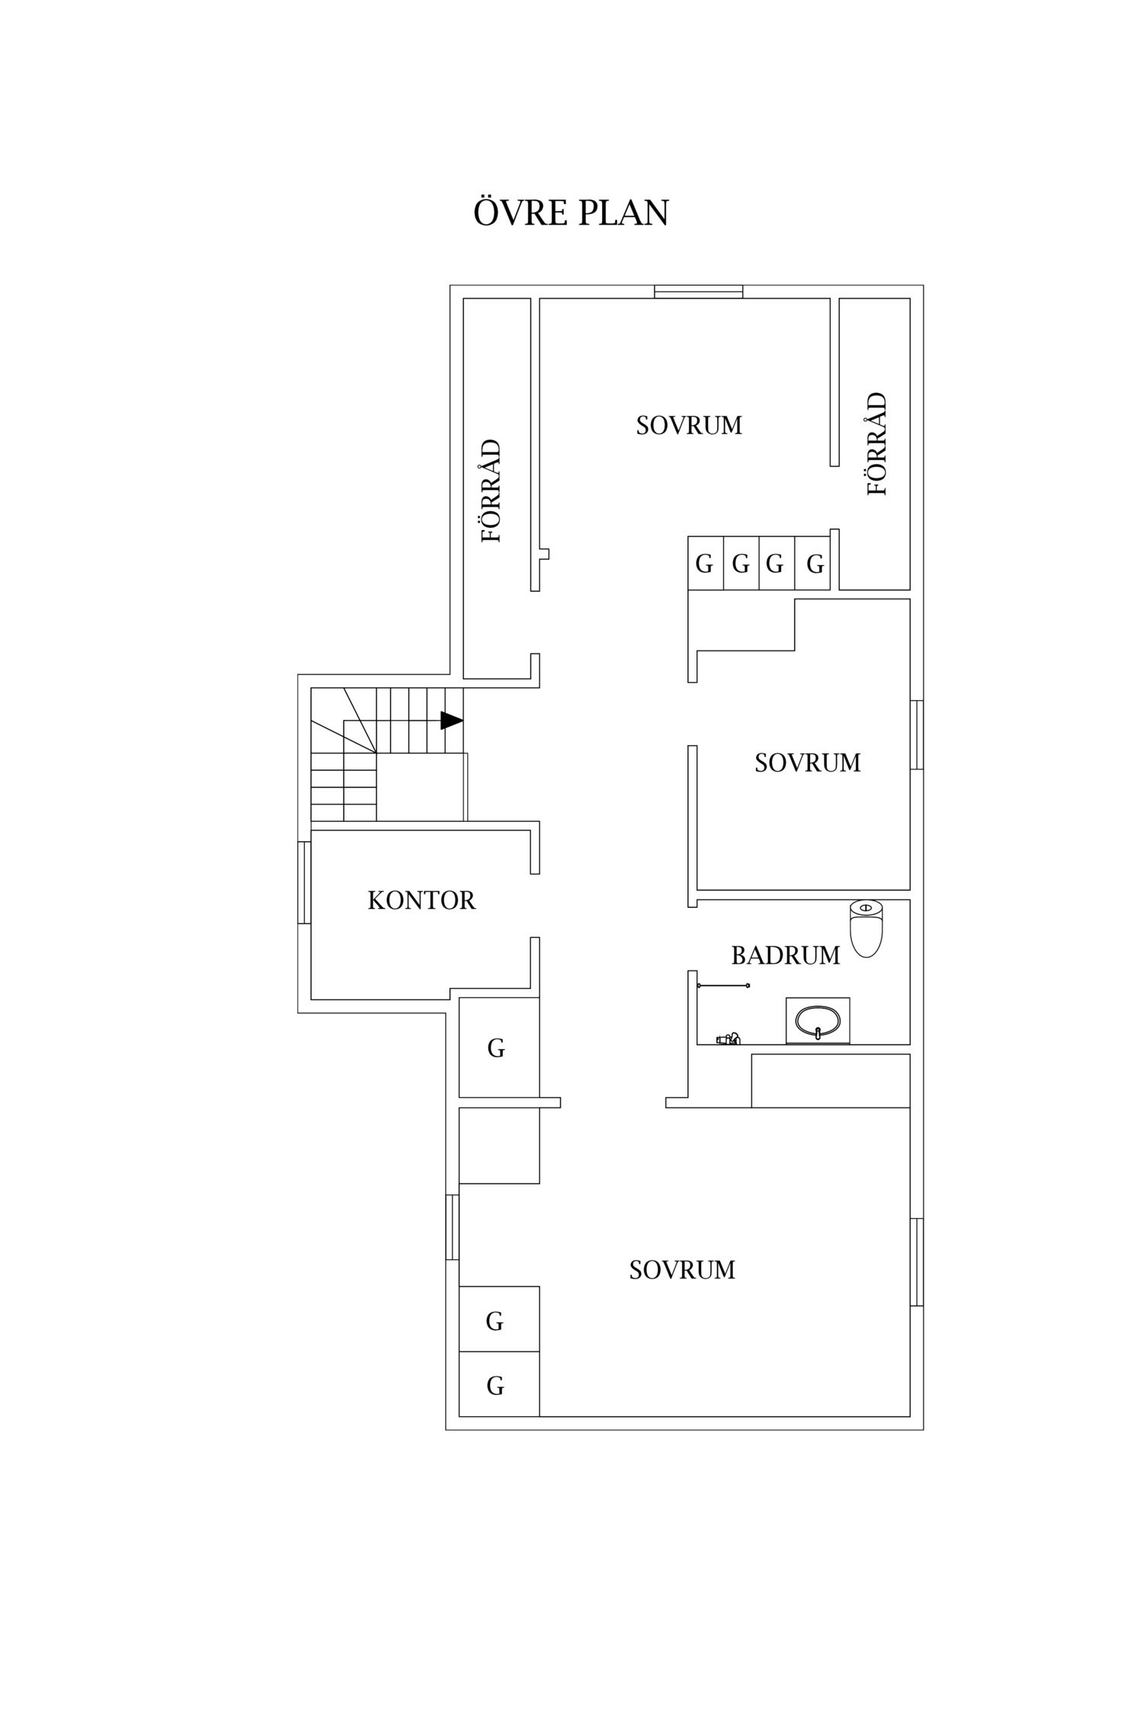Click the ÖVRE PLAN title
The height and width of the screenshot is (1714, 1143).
pyautogui.click(x=571, y=213)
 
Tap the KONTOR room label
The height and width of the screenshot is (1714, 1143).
pyautogui.click(x=421, y=900)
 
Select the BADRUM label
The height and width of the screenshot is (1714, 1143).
pyautogui.click(x=786, y=955)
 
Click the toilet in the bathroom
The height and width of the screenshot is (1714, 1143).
pyautogui.click(x=866, y=928)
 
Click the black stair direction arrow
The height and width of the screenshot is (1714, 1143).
pyautogui.click(x=452, y=720)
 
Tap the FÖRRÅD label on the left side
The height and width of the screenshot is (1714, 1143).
pyautogui.click(x=492, y=491)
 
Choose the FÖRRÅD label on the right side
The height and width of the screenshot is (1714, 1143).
pyautogui.click(x=877, y=444)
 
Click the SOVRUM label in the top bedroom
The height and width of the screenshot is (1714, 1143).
pyautogui.click(x=689, y=425)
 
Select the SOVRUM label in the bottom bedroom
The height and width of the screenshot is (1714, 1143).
pyautogui.click(x=682, y=1270)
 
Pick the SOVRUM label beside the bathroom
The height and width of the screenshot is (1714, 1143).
pyautogui.click(x=808, y=763)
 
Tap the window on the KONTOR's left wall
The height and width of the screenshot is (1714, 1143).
pyautogui.click(x=304, y=882)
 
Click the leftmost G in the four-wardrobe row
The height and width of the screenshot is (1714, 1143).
pyautogui.click(x=704, y=564)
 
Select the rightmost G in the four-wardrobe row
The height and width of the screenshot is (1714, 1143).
pyautogui.click(x=815, y=564)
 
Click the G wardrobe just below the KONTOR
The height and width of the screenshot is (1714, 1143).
pyautogui.click(x=496, y=1049)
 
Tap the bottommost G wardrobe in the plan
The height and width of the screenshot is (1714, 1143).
pyautogui.click(x=495, y=1386)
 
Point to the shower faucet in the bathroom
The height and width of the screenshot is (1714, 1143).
pyautogui.click(x=728, y=1038)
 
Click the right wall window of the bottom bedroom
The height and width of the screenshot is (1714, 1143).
pyautogui.click(x=917, y=1262)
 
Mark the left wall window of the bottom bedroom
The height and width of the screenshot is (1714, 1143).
pyautogui.click(x=453, y=1227)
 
